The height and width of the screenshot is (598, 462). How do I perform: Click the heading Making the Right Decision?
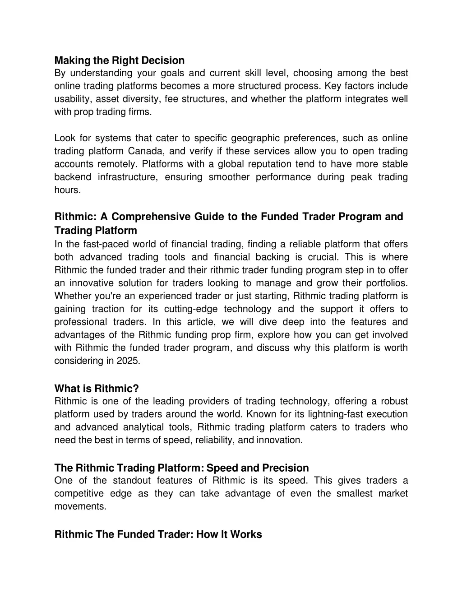120,60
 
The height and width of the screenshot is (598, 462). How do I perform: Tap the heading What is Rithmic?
97,389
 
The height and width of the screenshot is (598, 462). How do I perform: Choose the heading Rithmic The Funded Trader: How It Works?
158,535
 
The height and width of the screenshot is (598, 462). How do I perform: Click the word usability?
73,99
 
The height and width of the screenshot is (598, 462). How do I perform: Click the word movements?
80,507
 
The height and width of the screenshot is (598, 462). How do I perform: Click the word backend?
73,177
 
